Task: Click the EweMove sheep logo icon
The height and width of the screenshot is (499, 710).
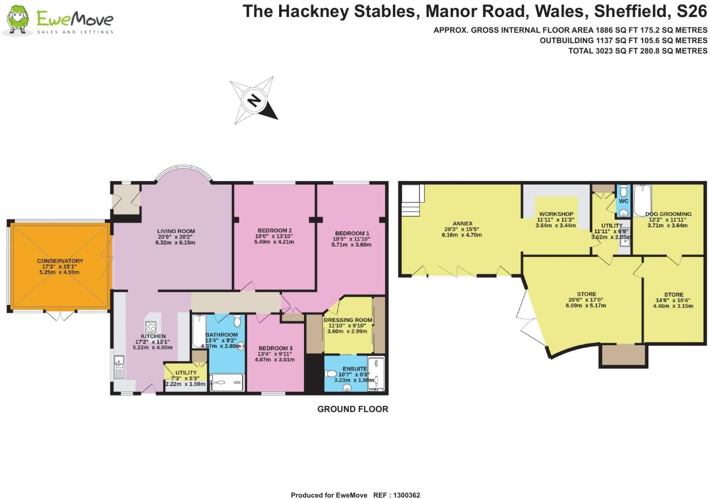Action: [17, 20]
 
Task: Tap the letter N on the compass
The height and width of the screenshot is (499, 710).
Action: [254, 100]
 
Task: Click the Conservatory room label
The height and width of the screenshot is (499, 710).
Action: [60, 261]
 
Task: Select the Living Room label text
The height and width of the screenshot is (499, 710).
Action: [176, 231]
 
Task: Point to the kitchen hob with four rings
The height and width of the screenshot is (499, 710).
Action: [151, 326]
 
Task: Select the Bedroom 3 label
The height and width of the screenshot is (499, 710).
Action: [275, 348]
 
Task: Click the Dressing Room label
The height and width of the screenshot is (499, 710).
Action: [348, 320]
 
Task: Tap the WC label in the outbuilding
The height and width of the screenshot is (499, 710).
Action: [624, 201]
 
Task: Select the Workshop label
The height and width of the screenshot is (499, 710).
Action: [556, 214]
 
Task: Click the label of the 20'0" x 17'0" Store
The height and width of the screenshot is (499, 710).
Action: [586, 294]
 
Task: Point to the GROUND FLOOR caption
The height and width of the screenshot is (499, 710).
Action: [353, 409]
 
